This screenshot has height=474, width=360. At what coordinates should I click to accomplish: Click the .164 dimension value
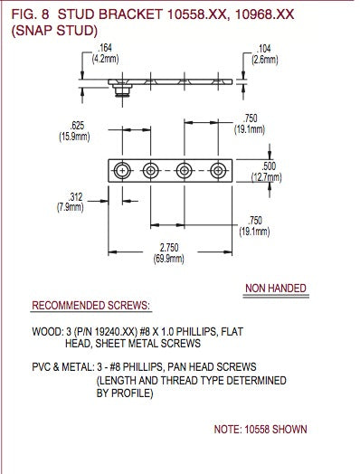(105, 49)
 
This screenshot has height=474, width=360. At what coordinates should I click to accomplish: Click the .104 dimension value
(264, 48)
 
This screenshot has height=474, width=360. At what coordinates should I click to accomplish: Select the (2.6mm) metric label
(264, 58)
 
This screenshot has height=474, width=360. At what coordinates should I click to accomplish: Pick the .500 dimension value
(268, 166)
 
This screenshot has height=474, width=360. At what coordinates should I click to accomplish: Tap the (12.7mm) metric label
(268, 176)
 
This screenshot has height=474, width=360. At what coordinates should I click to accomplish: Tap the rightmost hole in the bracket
(218, 170)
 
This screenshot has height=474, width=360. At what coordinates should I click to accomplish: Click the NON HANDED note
(276, 289)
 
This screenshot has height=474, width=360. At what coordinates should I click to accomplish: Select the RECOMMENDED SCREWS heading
(91, 306)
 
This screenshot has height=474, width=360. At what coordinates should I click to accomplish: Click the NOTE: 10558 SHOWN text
(261, 428)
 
